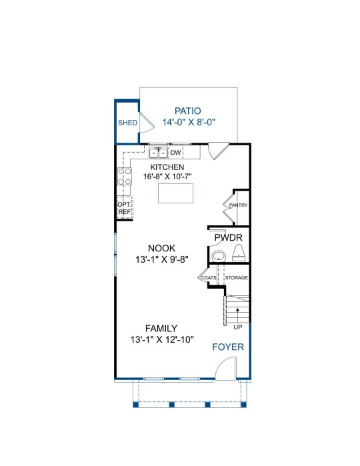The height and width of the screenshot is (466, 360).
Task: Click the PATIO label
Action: point(187,111)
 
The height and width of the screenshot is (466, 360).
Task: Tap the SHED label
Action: point(127,123)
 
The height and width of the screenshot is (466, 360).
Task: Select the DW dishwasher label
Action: point(176,153)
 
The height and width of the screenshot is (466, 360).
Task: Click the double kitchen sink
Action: point(159,153)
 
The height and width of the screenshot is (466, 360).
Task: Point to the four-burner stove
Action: point(125,176)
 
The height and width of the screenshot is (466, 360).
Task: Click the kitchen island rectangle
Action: point(175,193)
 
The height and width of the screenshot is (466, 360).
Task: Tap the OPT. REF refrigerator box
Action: point(125,208)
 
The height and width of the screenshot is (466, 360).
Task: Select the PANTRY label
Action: point(238,205)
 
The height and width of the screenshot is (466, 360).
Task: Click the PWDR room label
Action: point(228,238)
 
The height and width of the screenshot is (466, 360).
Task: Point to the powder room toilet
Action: point(239,253)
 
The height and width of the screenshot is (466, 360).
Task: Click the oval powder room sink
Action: point(219,256)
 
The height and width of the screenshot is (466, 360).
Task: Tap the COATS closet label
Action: point(209,278)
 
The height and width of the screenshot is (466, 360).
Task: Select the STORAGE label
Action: point(237,277)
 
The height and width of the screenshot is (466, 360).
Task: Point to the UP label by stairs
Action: point(238,327)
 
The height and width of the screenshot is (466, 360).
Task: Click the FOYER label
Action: point(228,347)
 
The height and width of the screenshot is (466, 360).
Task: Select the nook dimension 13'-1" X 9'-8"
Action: point(162,259)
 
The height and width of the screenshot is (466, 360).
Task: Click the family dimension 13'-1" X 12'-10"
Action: point(162,339)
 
